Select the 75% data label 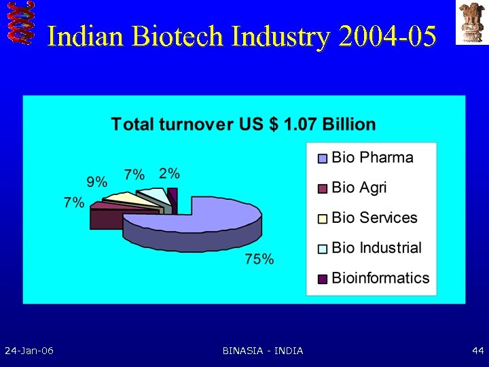point(260,259)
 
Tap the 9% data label point(96,181)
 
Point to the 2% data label point(170,173)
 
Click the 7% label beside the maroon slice point(74,202)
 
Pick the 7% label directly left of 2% point(134,175)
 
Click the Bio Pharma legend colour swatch point(323,158)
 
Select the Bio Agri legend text point(359,188)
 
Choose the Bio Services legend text point(374,217)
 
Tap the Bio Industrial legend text point(376,247)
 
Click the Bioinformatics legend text point(380,277)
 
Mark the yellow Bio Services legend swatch point(323,218)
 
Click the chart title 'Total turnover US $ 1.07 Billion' point(243,124)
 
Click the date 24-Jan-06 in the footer point(29,351)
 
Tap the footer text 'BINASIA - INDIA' point(263,351)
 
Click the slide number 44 point(477,351)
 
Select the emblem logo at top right point(471,22)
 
